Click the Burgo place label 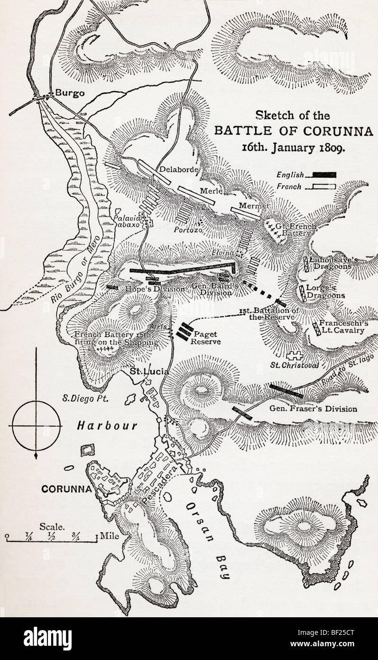pyautogui.click(x=70, y=93)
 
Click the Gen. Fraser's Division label pyautogui.click(x=313, y=408)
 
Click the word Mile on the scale pyautogui.click(x=108, y=537)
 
